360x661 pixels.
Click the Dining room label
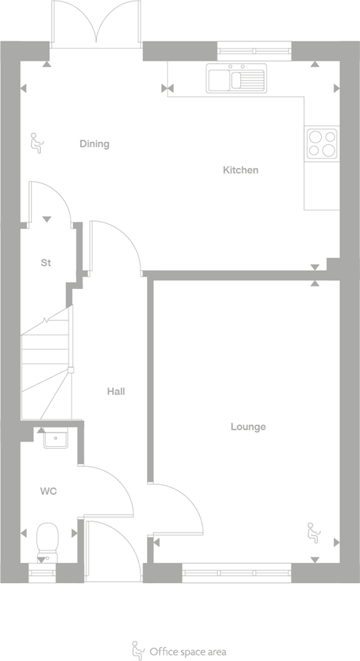point(94,144)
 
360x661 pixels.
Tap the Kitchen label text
point(240,171)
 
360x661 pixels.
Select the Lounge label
point(248,427)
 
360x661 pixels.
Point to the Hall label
point(116,392)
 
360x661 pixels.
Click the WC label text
point(48,492)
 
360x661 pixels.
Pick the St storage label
point(46,263)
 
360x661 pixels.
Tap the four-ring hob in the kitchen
point(322,142)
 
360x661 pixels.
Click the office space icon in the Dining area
point(36,144)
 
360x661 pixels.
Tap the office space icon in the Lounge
point(312,531)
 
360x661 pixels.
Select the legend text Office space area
point(187,651)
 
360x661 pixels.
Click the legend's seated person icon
point(136,650)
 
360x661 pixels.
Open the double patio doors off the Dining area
point(97,24)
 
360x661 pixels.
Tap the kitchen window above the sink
point(255,47)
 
